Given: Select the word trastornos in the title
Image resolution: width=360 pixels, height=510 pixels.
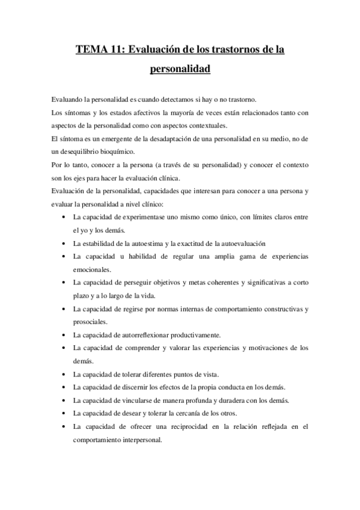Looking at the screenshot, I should (231, 49).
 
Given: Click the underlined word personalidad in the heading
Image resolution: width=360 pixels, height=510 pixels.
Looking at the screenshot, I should (180, 69).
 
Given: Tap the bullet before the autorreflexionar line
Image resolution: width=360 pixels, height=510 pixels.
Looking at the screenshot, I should (64, 335).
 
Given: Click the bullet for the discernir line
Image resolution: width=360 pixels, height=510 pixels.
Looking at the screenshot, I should (64, 387).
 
